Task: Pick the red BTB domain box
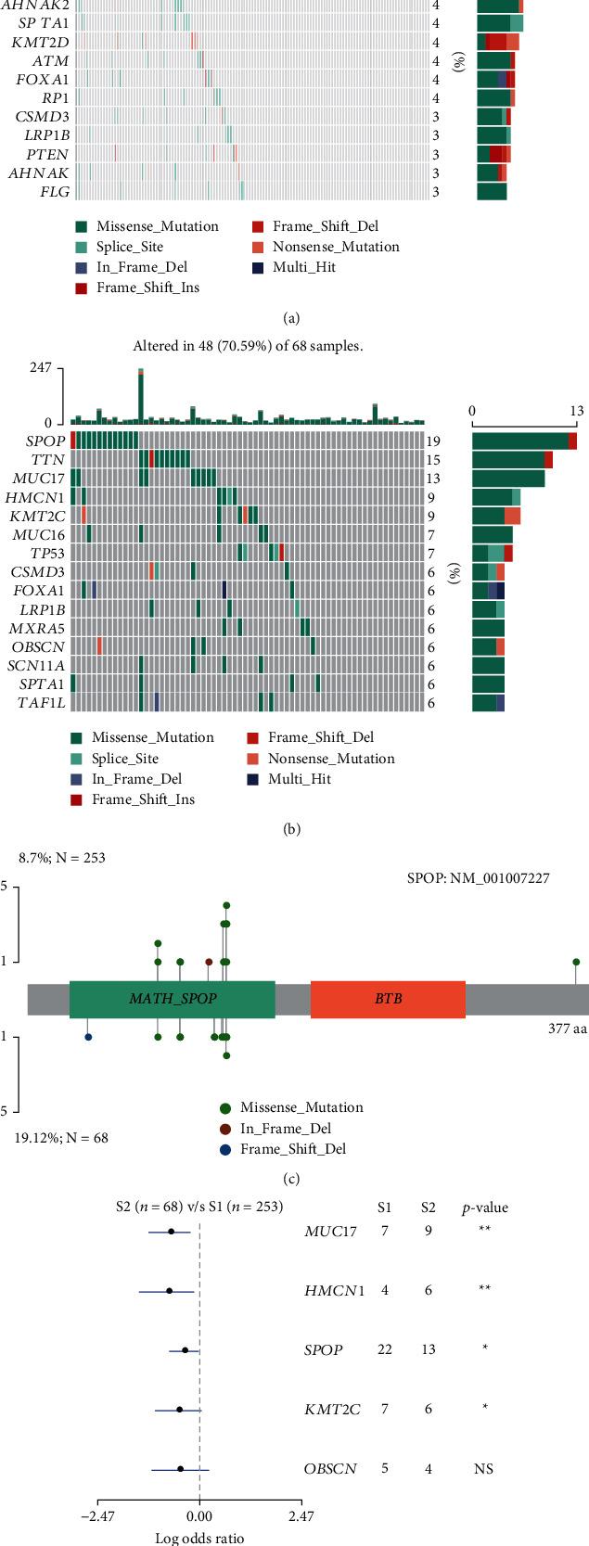click(x=388, y=999)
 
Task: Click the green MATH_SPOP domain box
click(x=172, y=999)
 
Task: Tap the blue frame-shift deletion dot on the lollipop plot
click(x=88, y=1037)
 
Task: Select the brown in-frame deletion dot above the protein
click(x=209, y=962)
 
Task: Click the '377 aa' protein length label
click(x=568, y=1029)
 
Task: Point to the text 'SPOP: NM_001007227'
click(x=478, y=877)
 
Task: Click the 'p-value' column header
click(x=485, y=1207)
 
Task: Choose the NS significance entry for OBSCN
click(x=484, y=1469)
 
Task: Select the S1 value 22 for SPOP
click(x=384, y=1349)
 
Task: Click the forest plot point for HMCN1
click(x=169, y=1291)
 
